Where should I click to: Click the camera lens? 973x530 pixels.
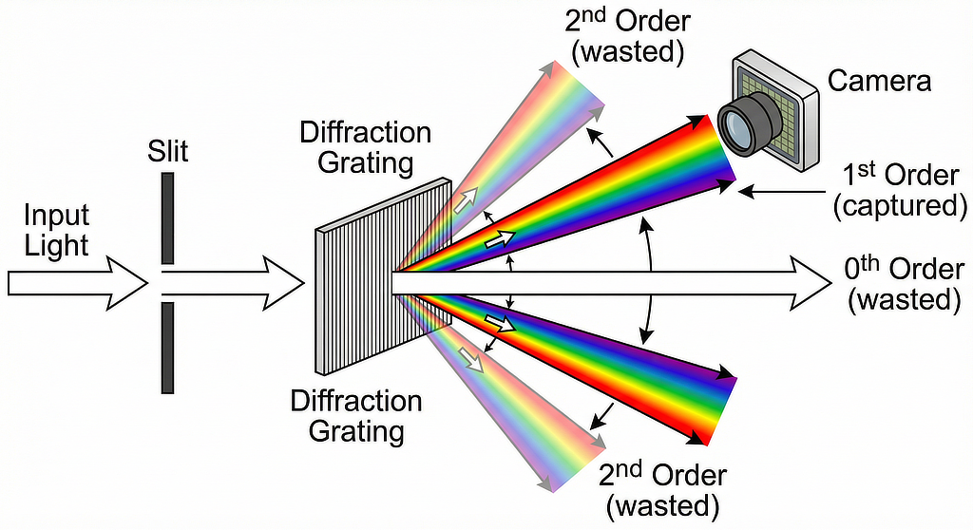point(738,128)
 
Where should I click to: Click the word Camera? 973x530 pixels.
point(879,81)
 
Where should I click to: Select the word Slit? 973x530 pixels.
point(168,151)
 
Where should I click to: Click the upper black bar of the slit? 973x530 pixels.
point(168,218)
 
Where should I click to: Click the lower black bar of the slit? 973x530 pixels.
point(168,347)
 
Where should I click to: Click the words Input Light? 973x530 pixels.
point(56,231)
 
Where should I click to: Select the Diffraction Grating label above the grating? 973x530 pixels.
point(366,147)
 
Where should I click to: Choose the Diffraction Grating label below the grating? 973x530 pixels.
point(356,416)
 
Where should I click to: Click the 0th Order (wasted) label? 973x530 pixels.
point(903,284)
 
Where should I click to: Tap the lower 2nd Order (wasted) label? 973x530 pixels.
point(661,488)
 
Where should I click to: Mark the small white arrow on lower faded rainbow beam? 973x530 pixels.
point(468,356)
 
